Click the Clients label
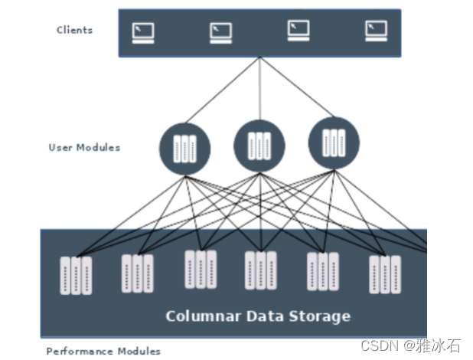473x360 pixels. pyautogui.click(x=74, y=31)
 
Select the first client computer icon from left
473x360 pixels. pyautogui.click(x=143, y=32)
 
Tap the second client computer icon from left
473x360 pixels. pyautogui.click(x=220, y=32)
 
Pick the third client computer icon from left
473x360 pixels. pyautogui.click(x=298, y=31)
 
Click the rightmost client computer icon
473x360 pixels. pyautogui.click(x=376, y=31)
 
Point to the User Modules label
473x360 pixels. pyautogui.click(x=84, y=147)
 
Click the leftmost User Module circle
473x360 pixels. pyautogui.click(x=184, y=149)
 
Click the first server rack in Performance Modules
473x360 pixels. pyautogui.click(x=76, y=276)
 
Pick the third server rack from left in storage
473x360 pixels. pyautogui.click(x=201, y=269)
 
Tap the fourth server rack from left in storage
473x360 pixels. pyautogui.click(x=260, y=270)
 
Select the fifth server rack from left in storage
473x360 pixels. pyautogui.click(x=322, y=271)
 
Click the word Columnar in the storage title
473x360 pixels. pyautogui.click(x=198, y=316)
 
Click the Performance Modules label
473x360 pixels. pyautogui.click(x=103, y=352)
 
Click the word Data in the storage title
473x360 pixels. pyautogui.click(x=260, y=316)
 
